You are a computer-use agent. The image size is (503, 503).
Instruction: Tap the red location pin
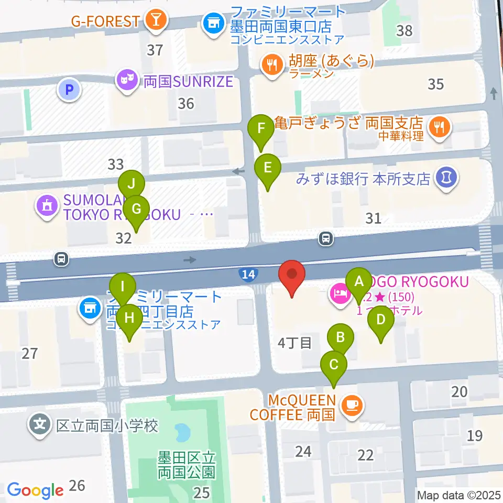pyautogui.click(x=292, y=275)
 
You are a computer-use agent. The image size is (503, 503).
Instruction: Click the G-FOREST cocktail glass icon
pyautogui.click(x=156, y=21)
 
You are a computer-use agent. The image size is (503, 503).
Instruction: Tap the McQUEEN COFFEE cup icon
pyautogui.click(x=351, y=404)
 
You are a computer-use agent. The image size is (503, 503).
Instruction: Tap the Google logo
pyautogui.click(x=35, y=490)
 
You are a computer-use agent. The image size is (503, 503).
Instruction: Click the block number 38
pyautogui.click(x=404, y=30)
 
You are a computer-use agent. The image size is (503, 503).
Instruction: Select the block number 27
pyautogui.click(x=30, y=353)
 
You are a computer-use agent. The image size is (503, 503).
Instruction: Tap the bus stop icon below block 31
pyautogui.click(x=326, y=239)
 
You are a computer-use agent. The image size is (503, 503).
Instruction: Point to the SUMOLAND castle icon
pyautogui.click(x=47, y=206)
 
